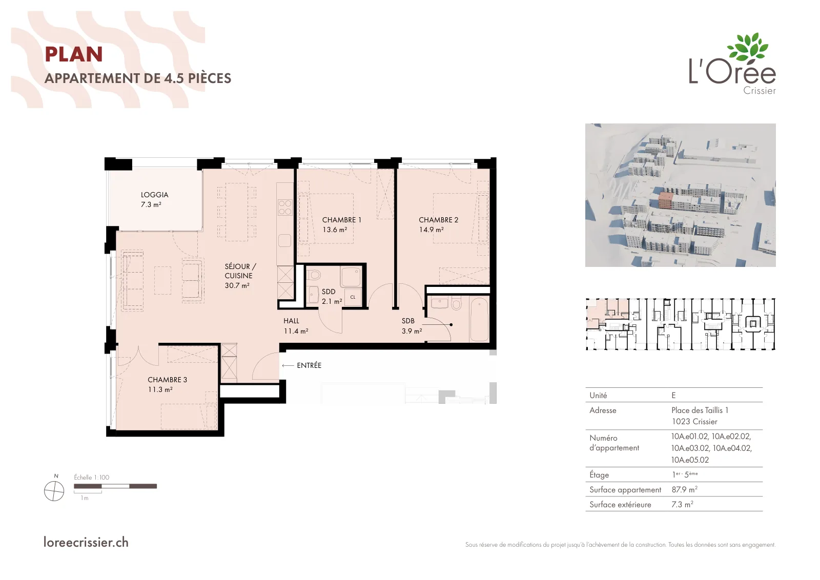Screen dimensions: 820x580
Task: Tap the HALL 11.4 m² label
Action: (x=296, y=326)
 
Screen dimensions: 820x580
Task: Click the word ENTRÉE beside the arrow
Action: (x=309, y=365)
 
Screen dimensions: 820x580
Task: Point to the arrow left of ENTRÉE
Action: (x=288, y=365)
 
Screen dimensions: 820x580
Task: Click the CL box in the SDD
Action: (x=353, y=297)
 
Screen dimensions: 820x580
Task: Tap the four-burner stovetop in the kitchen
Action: (x=285, y=207)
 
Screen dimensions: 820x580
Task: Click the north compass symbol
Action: (x=54, y=490)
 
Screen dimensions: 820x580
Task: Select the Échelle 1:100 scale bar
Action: (x=115, y=486)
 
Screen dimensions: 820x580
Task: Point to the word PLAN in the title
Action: (x=74, y=54)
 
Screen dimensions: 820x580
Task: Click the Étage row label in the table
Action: (x=599, y=474)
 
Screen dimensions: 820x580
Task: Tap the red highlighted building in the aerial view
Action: (x=665, y=200)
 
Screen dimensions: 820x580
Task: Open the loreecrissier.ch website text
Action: (x=86, y=542)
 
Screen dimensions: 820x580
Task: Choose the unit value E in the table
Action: (x=673, y=395)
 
